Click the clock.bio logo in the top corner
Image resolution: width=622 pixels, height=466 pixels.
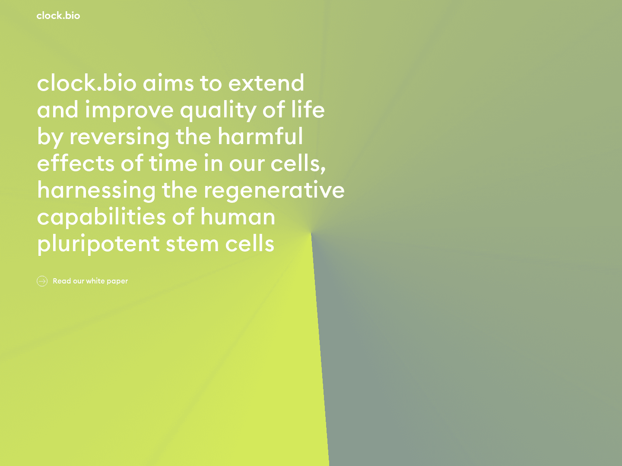pos(58,16)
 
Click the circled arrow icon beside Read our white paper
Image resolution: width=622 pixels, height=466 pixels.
pos(42,281)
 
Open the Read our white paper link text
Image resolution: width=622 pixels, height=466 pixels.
pos(90,281)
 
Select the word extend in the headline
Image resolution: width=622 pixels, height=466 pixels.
pos(266,83)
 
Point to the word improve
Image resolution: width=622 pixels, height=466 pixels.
pos(129,110)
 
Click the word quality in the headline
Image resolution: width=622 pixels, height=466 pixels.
pos(218,110)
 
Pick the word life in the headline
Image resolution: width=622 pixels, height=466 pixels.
pos(308,110)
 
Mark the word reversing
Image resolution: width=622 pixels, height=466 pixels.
pos(119,137)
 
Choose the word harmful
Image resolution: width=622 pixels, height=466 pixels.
pos(260,136)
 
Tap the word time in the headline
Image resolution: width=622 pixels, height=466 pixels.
pos(173,163)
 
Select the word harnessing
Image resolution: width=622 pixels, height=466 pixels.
pos(96,191)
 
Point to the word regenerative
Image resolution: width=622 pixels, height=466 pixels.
pos(274,191)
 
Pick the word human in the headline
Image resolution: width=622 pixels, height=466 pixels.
pos(238,217)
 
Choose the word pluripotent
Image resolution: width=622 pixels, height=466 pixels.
pos(98,244)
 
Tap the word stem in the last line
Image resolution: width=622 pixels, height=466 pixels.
pos(192,244)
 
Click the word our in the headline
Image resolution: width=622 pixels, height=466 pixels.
pos(247,164)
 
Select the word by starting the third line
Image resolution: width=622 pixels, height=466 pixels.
pos(50,137)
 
